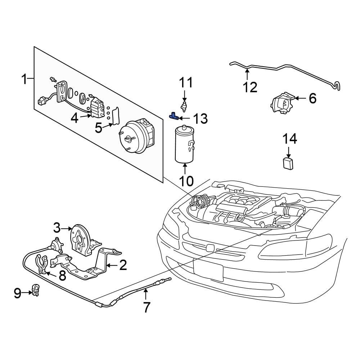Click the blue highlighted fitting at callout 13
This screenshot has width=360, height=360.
click(174, 116)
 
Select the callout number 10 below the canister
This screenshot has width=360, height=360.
click(186, 180)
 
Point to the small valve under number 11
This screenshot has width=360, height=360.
click(185, 106)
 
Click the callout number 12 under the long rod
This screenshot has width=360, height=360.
click(250, 87)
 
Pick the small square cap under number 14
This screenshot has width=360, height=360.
click(288, 163)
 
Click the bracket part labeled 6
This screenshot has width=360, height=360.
click(282, 104)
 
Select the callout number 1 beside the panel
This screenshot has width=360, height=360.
click(24, 79)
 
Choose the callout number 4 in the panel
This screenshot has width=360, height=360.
click(75, 118)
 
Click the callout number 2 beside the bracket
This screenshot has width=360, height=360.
click(123, 266)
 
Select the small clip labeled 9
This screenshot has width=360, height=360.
click(36, 290)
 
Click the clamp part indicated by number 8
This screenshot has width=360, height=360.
click(41, 265)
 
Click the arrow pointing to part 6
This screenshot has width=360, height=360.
click(300, 98)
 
